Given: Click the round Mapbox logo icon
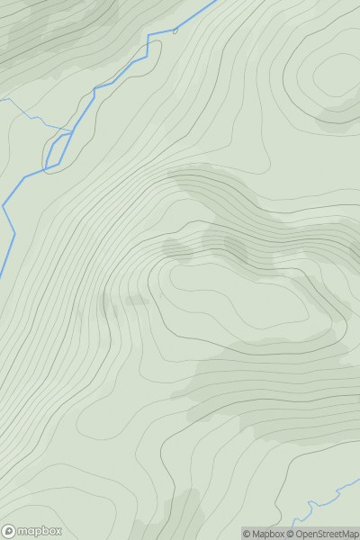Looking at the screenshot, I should coord(9,531).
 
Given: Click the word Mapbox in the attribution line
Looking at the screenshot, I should coord(267,534).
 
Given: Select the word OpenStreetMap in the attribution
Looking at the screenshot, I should coord(327,534).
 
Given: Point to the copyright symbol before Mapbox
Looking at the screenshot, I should coord(247,534).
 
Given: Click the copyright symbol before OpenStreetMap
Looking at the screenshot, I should coord(290,534).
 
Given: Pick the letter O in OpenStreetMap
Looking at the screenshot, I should coord(299,534).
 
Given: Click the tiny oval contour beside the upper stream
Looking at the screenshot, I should coord(175,31).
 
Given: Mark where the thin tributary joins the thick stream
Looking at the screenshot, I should coord(68,130).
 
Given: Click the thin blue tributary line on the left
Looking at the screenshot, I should coord(31,116).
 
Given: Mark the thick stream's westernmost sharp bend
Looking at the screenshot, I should coord(4,206).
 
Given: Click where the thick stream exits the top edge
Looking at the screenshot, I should coord(216,1).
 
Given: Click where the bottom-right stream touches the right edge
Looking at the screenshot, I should coord(358,481).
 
